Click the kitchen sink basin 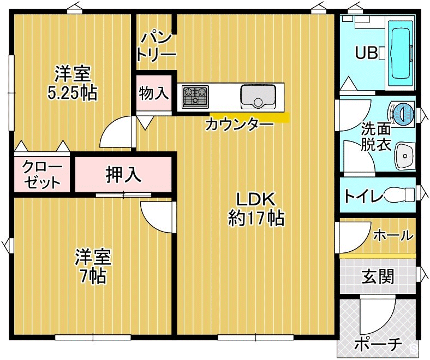click(x=258, y=97)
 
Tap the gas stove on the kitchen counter click(x=195, y=96)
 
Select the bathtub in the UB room click(x=402, y=54)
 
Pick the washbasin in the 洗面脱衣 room click(x=404, y=156)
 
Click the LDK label click(x=255, y=199)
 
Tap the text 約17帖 click(x=256, y=218)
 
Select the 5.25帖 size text click(x=73, y=93)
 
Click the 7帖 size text click(x=93, y=276)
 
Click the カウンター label click(x=240, y=125)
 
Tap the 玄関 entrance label click(x=378, y=276)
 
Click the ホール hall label click(x=393, y=235)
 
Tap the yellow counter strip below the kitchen click(x=249, y=117)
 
